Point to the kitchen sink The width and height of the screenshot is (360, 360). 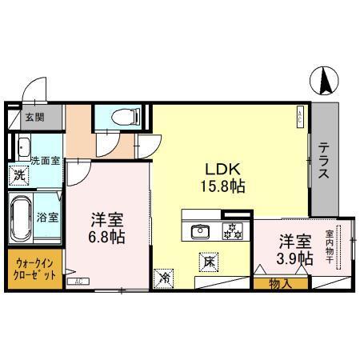[x=200, y=232]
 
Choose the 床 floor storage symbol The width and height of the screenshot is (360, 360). [x=206, y=260]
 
